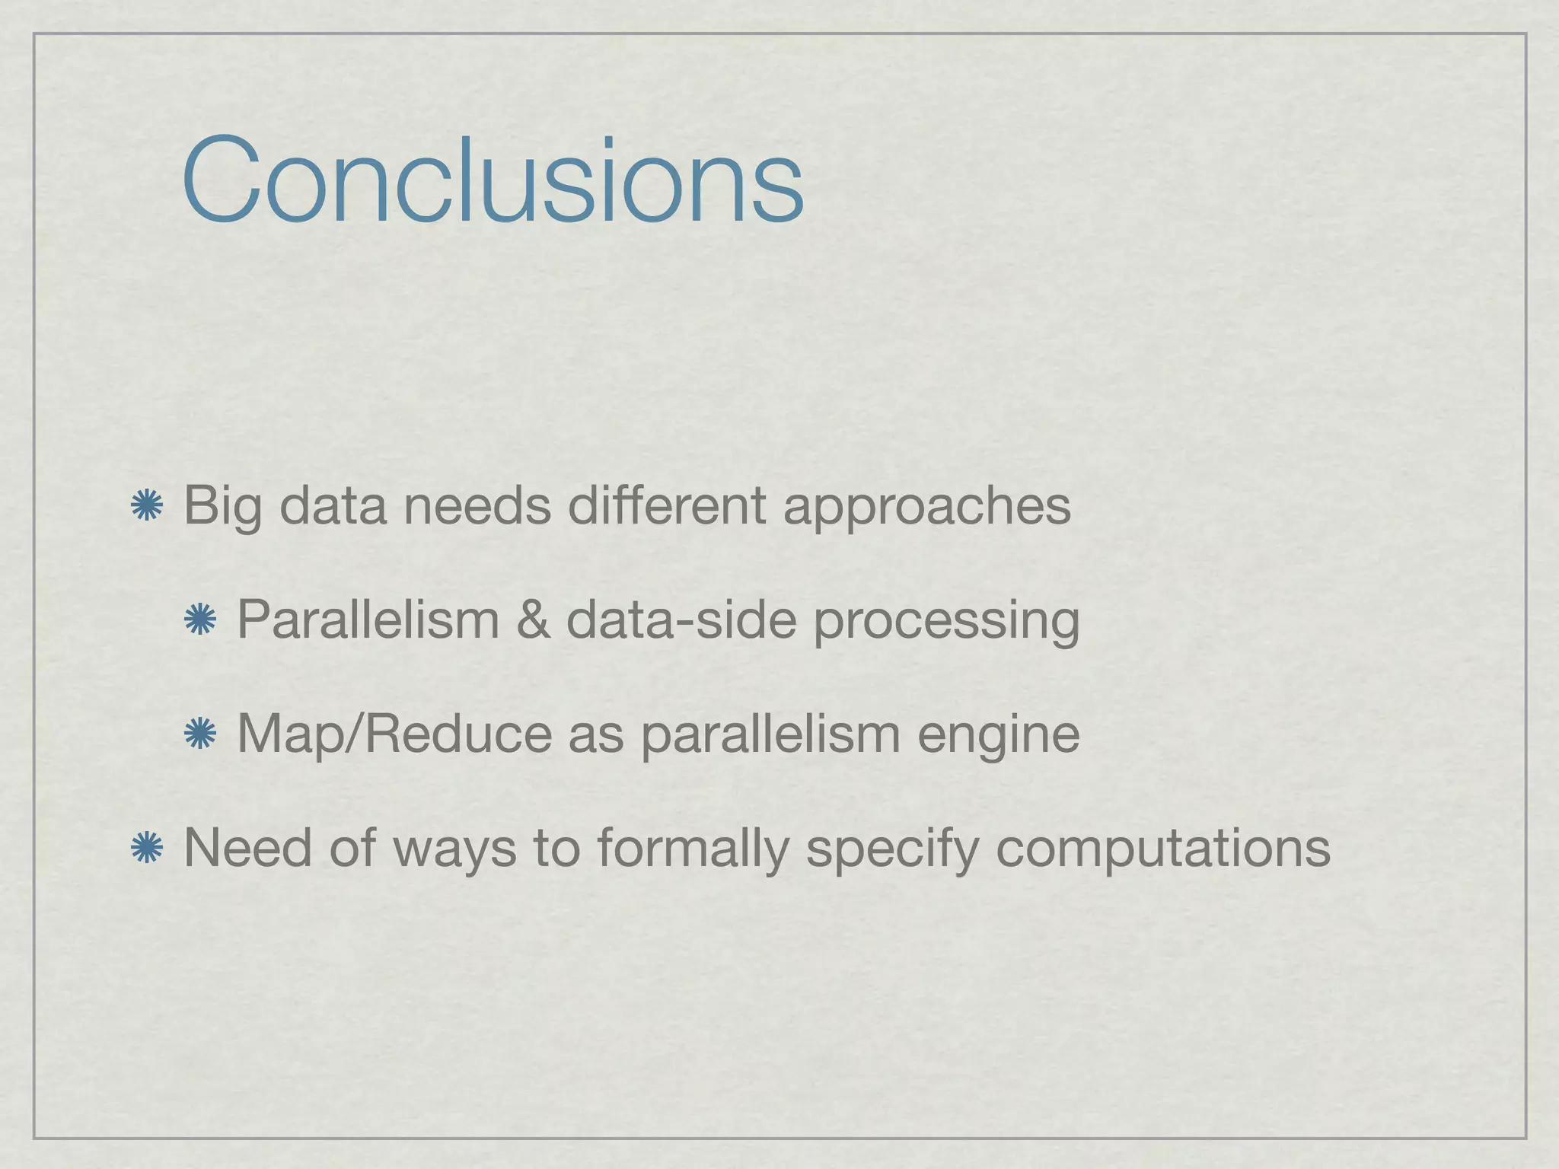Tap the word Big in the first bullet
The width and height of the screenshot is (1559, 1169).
click(x=222, y=506)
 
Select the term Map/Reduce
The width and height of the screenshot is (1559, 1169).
click(x=394, y=734)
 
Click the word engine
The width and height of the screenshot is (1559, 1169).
click(x=998, y=735)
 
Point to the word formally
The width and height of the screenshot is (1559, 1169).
click(x=693, y=848)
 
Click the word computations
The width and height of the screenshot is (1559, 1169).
click(x=1162, y=849)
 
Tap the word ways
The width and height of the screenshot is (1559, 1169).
click(x=454, y=849)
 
